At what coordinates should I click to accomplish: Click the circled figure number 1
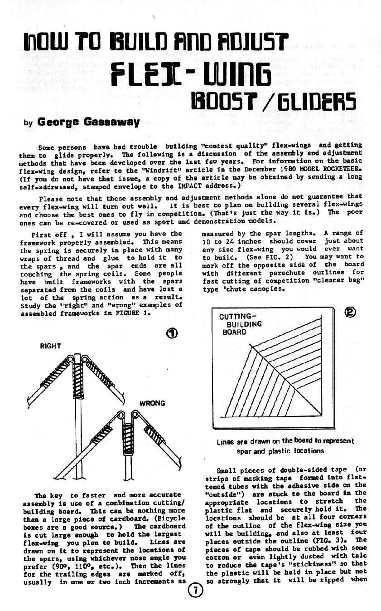tap(171, 334)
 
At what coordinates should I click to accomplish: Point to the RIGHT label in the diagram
tap(50, 346)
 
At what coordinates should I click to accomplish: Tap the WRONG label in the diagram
tap(152, 403)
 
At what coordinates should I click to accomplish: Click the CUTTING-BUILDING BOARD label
tap(240, 324)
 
